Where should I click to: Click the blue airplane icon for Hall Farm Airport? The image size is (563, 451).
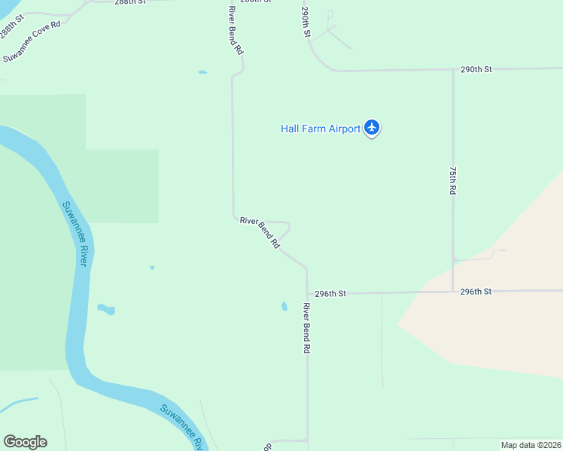(x=371, y=128)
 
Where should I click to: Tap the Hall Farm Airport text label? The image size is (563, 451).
(x=321, y=129)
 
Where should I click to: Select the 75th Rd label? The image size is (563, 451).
(x=452, y=180)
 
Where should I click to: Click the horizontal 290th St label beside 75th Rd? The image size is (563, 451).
(x=476, y=69)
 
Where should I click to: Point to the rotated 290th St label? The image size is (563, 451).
(x=306, y=23)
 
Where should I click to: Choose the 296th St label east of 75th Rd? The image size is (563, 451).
(x=476, y=291)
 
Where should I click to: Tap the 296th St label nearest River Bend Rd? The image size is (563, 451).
(x=330, y=293)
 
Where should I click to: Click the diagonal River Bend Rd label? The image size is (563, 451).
(x=260, y=232)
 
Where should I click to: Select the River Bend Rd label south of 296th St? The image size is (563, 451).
(x=306, y=328)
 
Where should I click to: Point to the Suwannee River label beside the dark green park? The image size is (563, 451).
(x=75, y=233)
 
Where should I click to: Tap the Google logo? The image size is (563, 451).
(x=25, y=442)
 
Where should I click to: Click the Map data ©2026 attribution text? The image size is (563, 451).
(x=531, y=445)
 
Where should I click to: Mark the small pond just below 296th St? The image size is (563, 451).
(x=284, y=306)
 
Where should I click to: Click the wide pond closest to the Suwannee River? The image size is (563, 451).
(x=106, y=309)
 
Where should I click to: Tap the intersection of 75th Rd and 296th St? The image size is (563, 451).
(x=452, y=292)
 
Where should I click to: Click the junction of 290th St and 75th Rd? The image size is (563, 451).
(x=452, y=70)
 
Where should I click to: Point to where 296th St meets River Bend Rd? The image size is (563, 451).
(x=307, y=293)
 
